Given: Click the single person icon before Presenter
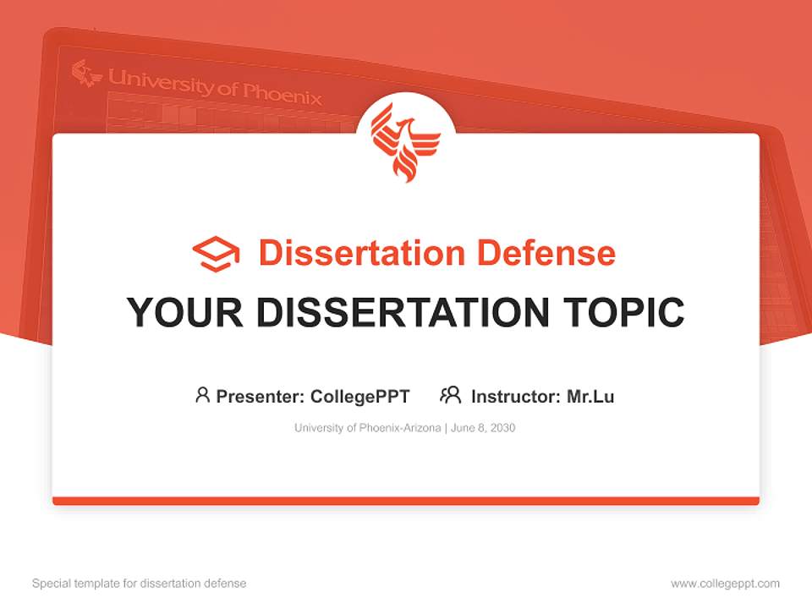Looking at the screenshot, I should point(202,395).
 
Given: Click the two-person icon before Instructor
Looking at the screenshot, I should point(450,395).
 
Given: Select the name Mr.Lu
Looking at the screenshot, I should point(590,396).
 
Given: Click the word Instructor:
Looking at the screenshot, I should point(516,396).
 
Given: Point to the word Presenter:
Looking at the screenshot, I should point(261,396).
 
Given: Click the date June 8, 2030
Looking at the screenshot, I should point(483,428).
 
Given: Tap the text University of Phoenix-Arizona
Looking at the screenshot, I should point(367,428).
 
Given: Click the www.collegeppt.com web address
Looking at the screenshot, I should point(725,584).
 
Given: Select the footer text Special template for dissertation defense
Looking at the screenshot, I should point(139,584).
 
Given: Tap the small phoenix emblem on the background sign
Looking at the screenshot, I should point(85,73).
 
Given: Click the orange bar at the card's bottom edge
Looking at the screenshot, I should point(406,501).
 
